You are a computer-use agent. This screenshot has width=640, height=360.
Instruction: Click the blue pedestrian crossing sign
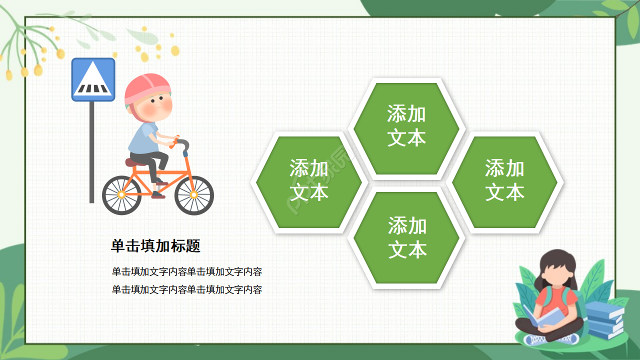coord(93,79)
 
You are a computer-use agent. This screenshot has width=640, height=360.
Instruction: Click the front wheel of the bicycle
coord(194,195)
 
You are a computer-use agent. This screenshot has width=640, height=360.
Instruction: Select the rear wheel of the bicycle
coord(121,195)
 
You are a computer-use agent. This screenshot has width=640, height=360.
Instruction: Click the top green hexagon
coord(406,128)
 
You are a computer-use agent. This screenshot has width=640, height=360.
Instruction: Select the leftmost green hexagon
coord(309,182)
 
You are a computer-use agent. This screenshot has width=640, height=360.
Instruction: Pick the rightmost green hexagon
coord(504,182)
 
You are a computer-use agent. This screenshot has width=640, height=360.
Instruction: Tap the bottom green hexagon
coord(406,237)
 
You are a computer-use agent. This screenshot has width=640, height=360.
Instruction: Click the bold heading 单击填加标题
coord(155,246)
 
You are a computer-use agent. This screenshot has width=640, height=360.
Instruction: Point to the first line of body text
coord(187,272)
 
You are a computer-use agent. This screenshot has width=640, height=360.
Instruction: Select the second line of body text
coord(187,289)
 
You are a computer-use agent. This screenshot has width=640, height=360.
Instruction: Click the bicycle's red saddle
coord(134,162)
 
